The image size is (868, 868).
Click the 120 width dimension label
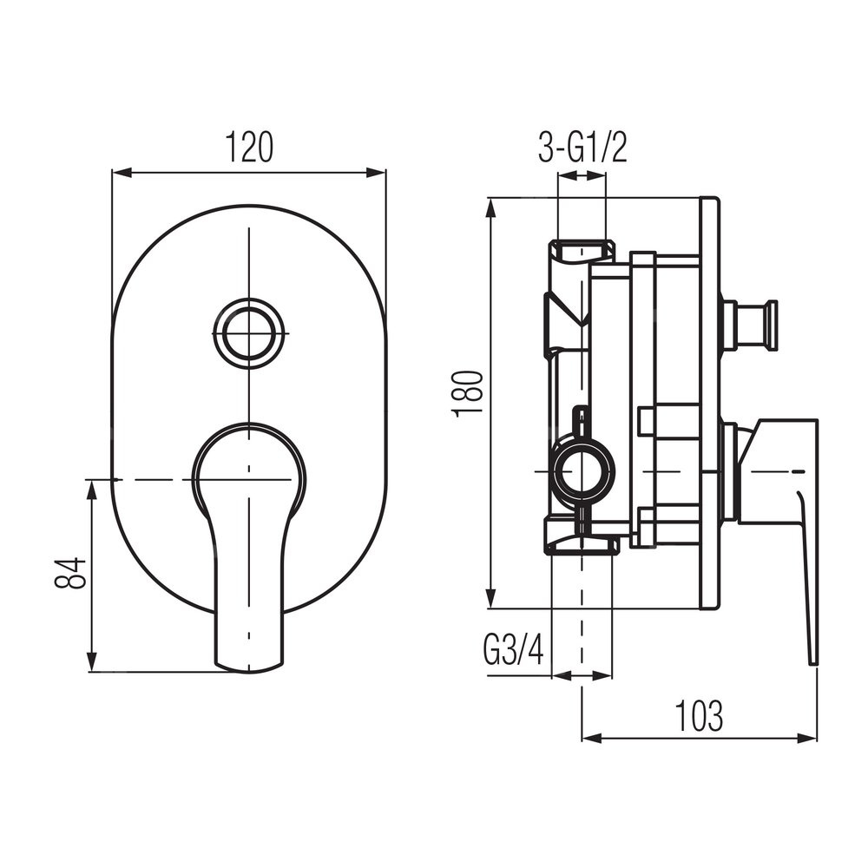(248, 148)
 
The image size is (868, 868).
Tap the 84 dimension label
(70, 573)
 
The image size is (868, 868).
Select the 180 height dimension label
(469, 394)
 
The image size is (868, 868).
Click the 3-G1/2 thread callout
(583, 148)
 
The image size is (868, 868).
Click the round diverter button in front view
(249, 334)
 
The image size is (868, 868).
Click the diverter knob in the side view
(749, 325)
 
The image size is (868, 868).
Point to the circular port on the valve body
(583, 470)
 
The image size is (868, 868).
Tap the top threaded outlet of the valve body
(582, 250)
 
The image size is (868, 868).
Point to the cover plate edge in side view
(710, 403)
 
